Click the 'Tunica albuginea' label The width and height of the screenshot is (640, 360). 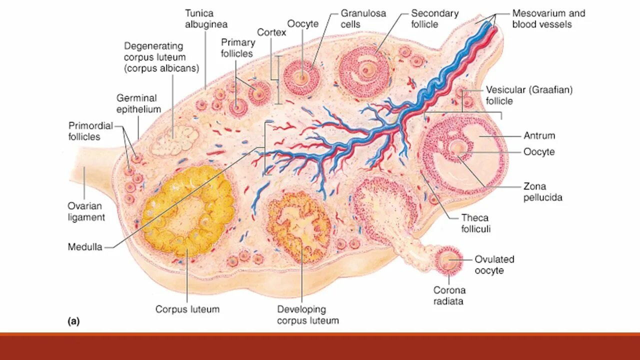click(x=206, y=18)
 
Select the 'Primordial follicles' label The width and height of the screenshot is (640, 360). click(x=91, y=131)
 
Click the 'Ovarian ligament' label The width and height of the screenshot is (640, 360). click(x=86, y=211)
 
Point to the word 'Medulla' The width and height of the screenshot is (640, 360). click(x=85, y=247)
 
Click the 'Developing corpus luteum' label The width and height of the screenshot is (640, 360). click(x=307, y=315)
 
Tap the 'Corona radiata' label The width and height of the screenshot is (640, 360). click(x=449, y=295)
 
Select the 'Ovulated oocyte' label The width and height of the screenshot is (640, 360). click(x=494, y=265)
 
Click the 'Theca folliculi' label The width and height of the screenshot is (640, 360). click(x=475, y=223)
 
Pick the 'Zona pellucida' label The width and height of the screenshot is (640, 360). click(x=542, y=192)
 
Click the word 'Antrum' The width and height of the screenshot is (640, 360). click(x=539, y=135)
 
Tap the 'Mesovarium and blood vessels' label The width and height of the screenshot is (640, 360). click(x=548, y=18)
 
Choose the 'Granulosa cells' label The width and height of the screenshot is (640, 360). click(x=363, y=18)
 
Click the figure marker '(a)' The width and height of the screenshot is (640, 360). click(x=73, y=322)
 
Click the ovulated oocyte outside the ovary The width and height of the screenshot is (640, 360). click(x=448, y=259)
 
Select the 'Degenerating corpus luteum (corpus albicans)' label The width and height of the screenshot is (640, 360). click(x=161, y=57)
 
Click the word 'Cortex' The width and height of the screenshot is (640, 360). click(x=271, y=32)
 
